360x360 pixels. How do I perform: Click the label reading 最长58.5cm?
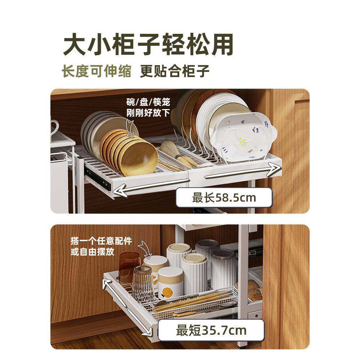(224, 198)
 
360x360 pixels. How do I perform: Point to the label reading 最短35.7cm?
(211, 330)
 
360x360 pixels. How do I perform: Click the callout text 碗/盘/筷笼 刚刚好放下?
(148, 107)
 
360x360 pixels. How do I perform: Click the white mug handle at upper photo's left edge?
(54, 128)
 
